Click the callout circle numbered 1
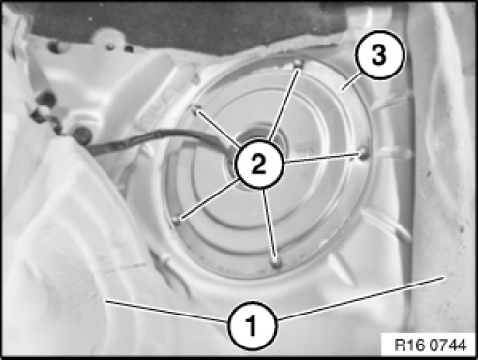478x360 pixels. (x=253, y=325)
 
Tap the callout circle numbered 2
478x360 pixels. (x=260, y=164)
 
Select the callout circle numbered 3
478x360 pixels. (x=379, y=55)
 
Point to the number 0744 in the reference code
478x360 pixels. (x=448, y=345)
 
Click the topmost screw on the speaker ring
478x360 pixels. (x=299, y=63)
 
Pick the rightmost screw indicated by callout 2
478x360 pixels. (x=363, y=153)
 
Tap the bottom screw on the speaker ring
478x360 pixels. (x=276, y=263)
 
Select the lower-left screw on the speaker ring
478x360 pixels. (x=176, y=220)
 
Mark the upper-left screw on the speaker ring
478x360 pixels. (x=195, y=109)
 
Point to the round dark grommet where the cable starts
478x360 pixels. (x=81, y=135)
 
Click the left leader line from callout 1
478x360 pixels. (x=166, y=312)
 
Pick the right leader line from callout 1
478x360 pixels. (x=361, y=298)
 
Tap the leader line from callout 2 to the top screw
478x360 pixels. (x=284, y=105)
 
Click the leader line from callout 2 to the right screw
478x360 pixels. (x=321, y=158)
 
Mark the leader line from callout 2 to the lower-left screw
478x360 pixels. (x=210, y=199)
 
